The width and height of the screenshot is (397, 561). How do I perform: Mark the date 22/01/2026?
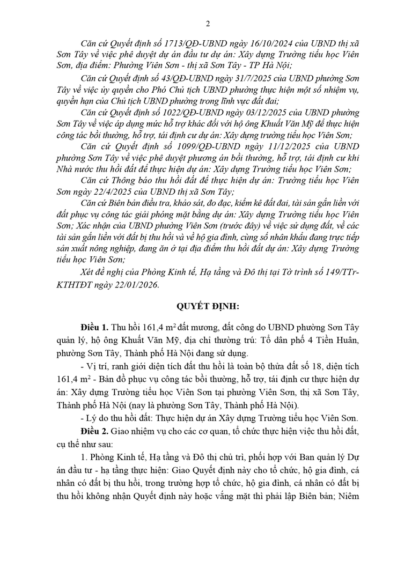point(138,284)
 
